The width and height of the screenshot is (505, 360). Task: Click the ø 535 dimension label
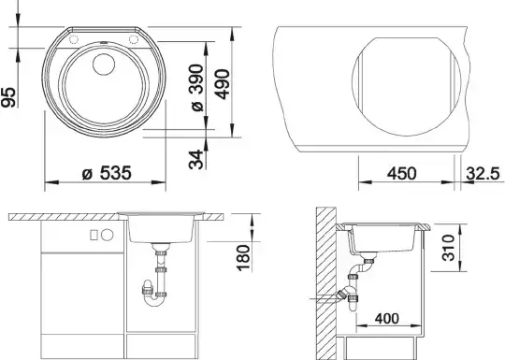tap(107, 173)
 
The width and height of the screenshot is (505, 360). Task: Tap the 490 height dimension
tap(223, 84)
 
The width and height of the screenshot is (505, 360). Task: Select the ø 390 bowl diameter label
tap(196, 88)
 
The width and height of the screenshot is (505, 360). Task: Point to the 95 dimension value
tap(8, 97)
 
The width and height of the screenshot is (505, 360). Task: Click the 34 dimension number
tap(196, 159)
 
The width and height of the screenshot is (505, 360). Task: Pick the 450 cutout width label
tap(401, 174)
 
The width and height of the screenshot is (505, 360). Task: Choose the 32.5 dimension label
tap(483, 174)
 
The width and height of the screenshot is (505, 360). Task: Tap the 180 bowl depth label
tap(243, 257)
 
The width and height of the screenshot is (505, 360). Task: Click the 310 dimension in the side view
tap(448, 247)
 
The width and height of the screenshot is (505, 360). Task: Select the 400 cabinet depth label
tap(387, 319)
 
